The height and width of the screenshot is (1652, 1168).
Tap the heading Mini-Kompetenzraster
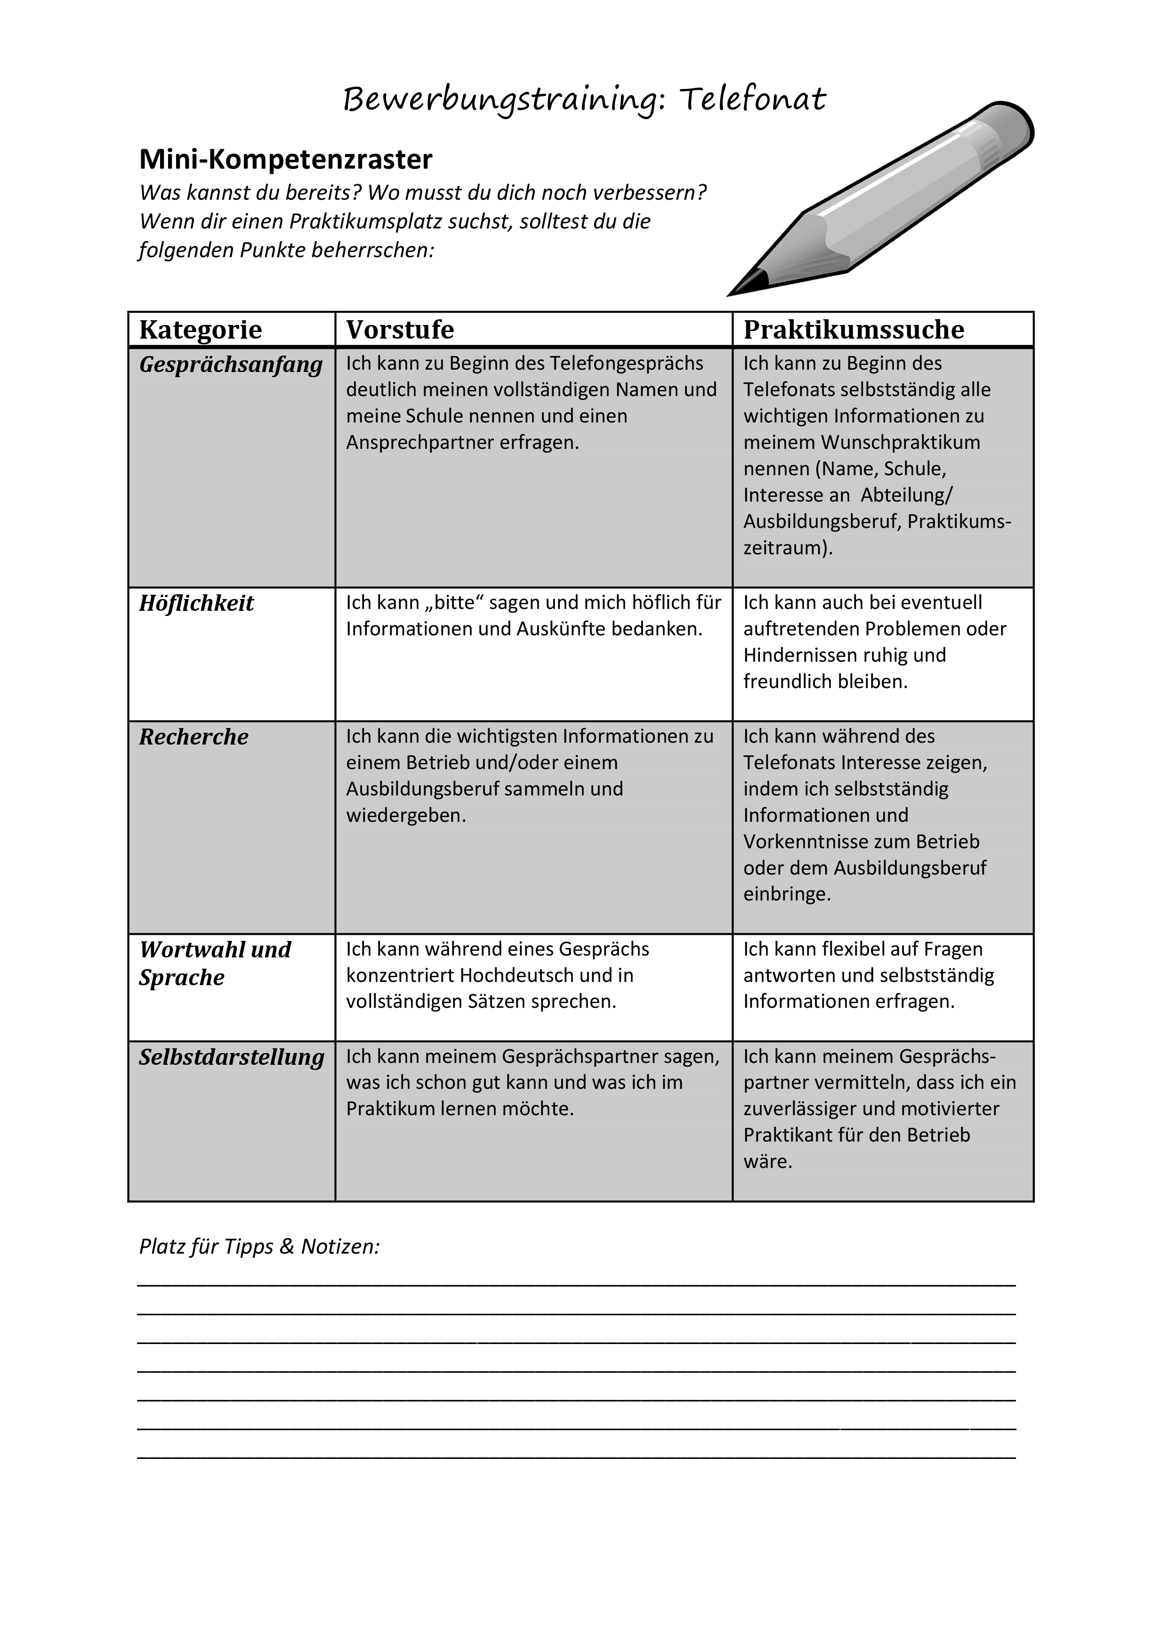pyautogui.click(x=286, y=159)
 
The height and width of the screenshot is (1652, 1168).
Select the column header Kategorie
pyautogui.click(x=201, y=330)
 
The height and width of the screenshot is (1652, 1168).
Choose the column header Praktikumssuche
pyautogui.click(x=854, y=330)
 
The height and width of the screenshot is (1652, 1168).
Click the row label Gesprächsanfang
pyautogui.click(x=231, y=365)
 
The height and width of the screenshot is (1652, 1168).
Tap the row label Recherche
pyautogui.click(x=193, y=737)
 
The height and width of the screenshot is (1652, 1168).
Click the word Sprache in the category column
pyautogui.click(x=182, y=978)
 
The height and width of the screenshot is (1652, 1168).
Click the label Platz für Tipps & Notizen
pyautogui.click(x=259, y=1247)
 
